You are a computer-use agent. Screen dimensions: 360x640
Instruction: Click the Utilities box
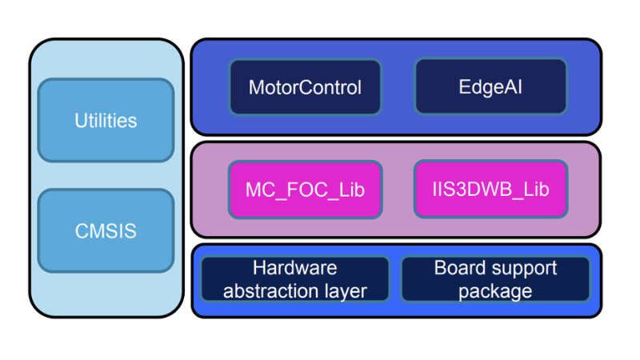click(x=106, y=121)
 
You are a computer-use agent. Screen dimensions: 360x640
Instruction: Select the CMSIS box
click(x=106, y=231)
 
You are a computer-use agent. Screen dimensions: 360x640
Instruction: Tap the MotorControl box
click(x=305, y=86)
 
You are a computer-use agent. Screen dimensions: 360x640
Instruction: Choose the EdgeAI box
click(x=490, y=86)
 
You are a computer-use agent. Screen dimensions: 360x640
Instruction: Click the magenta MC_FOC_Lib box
click(x=305, y=190)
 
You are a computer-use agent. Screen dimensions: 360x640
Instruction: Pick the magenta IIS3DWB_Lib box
click(x=490, y=190)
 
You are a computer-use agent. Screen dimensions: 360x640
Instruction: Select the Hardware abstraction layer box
click(x=294, y=279)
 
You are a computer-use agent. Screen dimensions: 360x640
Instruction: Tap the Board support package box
click(x=495, y=279)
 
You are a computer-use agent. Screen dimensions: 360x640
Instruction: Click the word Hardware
click(x=294, y=268)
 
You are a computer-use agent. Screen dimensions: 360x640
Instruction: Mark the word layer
click(x=344, y=291)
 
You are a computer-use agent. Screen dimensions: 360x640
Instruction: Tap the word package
click(x=495, y=291)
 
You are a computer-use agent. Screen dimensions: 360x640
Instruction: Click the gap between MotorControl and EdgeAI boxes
click(x=398, y=86)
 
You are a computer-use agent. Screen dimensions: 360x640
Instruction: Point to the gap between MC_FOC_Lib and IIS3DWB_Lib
click(x=398, y=190)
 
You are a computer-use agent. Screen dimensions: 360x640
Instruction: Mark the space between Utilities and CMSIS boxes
click(x=106, y=176)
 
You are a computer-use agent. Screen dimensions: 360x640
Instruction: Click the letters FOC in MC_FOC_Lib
click(x=306, y=190)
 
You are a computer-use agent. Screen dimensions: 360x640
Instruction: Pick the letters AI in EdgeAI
click(x=513, y=86)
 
